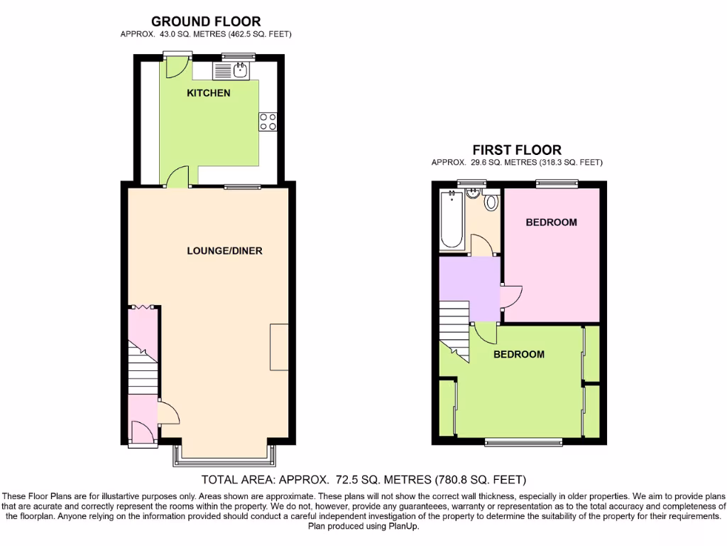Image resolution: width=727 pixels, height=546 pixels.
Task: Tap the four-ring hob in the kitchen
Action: click(268, 122)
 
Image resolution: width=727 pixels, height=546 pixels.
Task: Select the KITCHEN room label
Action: click(208, 93)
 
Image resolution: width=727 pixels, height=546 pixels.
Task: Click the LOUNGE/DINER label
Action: click(219, 250)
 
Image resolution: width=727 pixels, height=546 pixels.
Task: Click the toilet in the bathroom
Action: click(491, 203)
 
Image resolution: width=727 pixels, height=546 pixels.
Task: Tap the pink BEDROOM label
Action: click(551, 223)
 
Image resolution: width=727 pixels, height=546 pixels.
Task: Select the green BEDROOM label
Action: click(519, 354)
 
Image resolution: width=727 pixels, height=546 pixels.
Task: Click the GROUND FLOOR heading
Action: click(206, 22)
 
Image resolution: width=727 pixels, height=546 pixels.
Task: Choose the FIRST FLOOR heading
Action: click(517, 150)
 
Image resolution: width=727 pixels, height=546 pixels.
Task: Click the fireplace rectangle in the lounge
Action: click(279, 346)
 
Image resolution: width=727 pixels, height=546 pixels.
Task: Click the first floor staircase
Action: click(454, 323)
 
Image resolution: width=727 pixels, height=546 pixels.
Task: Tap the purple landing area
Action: click(471, 288)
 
